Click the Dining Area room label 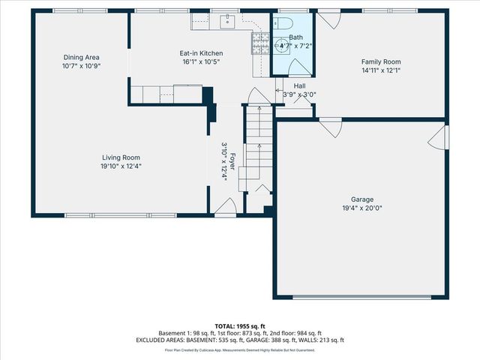tap(82, 57)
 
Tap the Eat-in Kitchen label tap(200, 53)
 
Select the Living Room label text tap(121, 157)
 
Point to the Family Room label tap(381, 62)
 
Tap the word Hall tap(299, 86)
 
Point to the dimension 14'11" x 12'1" tap(381, 71)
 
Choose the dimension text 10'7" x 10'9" tap(82, 66)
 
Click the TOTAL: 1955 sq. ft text tap(240, 326)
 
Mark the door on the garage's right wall tap(442, 136)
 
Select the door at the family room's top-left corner tap(328, 19)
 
